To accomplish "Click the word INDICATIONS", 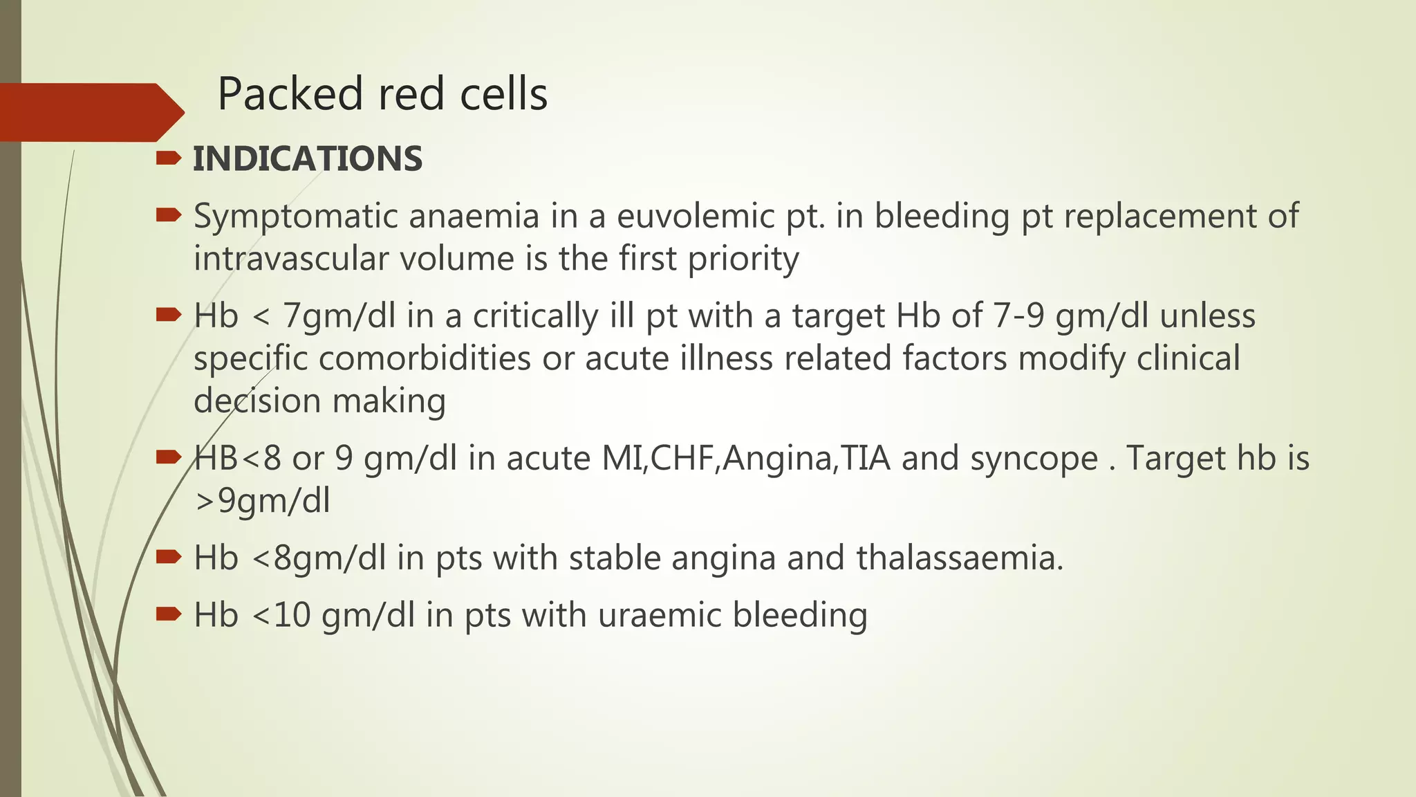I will point(307,159).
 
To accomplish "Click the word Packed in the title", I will point(290,94).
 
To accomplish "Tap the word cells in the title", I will point(503,94).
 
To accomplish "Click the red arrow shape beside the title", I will point(90,112).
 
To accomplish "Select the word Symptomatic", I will point(295,216).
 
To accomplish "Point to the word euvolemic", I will point(696,216).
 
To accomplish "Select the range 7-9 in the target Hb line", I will point(1018,316).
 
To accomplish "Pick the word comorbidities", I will point(425,358).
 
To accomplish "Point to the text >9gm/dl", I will point(263,500).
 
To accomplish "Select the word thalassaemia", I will point(960,558).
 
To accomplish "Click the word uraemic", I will point(660,614).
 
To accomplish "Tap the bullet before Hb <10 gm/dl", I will point(168,614).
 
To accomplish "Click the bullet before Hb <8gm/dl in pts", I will point(168,556).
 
